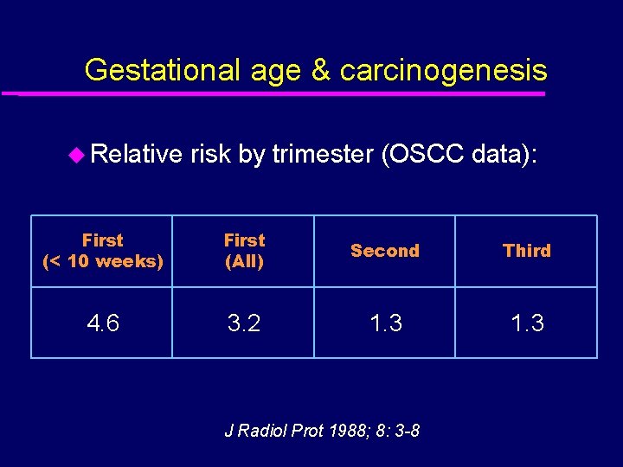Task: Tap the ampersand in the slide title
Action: pos(319,69)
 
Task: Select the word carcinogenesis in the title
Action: pos(443,69)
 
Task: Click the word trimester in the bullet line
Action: pos(322,154)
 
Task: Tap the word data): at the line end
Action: pos(510,154)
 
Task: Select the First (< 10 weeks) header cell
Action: pos(102,251)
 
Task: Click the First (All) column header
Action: pos(244,251)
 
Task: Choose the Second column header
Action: pos(384,251)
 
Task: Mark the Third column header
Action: pos(526,251)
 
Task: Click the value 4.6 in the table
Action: pos(102,323)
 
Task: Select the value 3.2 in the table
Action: pos(244,323)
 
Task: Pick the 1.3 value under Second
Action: pos(384,323)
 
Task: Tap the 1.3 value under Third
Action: pos(526,323)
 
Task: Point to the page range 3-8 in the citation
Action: pos(403,430)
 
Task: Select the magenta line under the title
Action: pos(277,93)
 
